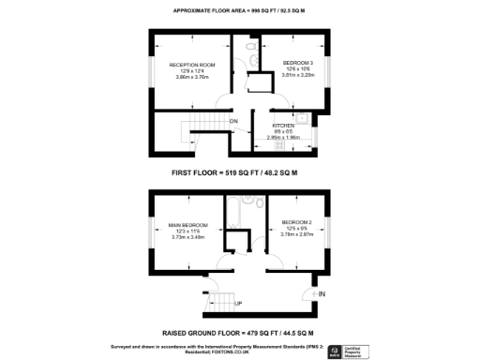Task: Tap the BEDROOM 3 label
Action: point(297,64)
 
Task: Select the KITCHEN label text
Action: point(284,125)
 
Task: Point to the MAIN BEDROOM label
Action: point(188,225)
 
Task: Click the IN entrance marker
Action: point(322,295)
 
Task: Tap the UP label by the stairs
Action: point(238,305)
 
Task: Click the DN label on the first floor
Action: point(233,121)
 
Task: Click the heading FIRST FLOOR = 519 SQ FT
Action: point(234,173)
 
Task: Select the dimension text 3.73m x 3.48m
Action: point(188,237)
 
